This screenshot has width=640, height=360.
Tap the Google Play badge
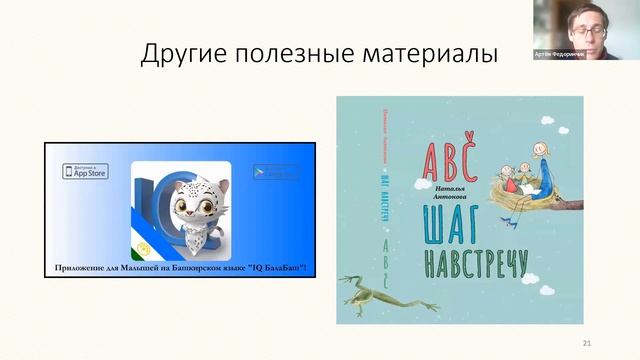[275, 171]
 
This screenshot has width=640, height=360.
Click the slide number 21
[587, 343]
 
